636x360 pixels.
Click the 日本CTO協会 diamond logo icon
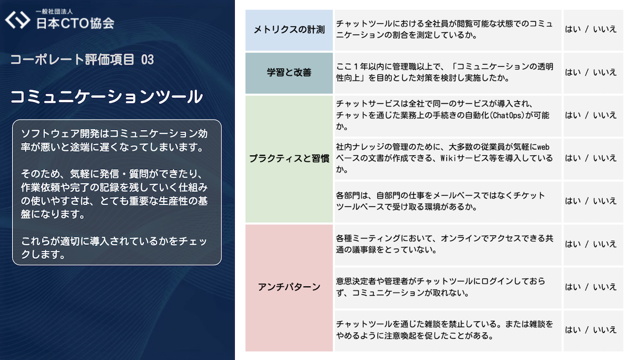tap(18, 19)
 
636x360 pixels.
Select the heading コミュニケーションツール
tap(106, 97)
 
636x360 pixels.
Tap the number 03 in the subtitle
tap(147, 60)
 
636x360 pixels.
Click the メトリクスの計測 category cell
tap(289, 30)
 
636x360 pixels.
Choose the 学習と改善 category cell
tap(289, 73)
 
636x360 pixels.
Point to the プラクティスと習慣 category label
tap(289, 158)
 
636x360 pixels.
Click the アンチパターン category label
tap(289, 287)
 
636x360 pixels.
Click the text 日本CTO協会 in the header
tap(75, 23)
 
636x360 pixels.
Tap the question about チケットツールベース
tap(440, 201)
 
